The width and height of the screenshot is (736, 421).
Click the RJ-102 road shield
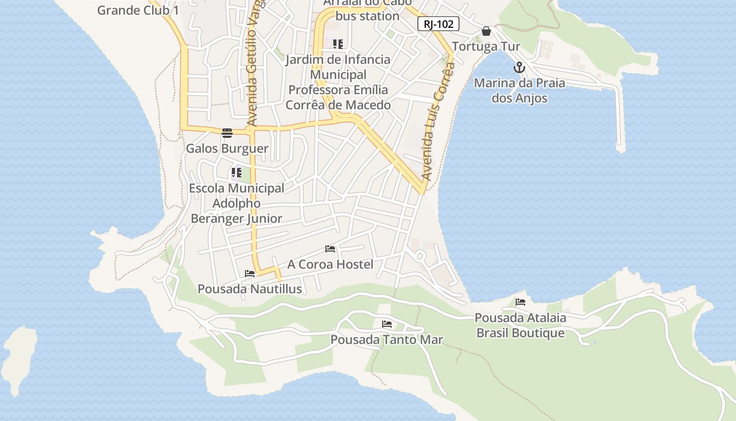pos(438,24)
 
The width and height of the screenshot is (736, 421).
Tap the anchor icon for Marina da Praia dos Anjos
pos(519,67)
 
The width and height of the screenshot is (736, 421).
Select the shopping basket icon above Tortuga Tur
pos(486,32)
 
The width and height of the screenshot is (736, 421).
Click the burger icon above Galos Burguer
pos(227,133)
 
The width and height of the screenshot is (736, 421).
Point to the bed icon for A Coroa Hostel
pos(330,248)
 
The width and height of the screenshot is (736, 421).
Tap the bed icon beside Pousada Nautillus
pos(250,273)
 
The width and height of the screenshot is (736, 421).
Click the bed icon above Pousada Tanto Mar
pos(387,324)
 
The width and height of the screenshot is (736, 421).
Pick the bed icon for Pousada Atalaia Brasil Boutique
pos(520,302)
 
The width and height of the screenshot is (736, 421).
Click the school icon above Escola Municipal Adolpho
pos(237,172)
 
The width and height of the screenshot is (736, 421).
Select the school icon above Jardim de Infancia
pos(338,44)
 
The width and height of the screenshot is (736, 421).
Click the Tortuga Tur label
pos(486,46)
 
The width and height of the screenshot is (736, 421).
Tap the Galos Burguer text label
pos(227,148)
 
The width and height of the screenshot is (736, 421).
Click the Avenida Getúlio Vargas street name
pos(253,63)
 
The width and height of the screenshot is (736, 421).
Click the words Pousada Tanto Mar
pos(387,340)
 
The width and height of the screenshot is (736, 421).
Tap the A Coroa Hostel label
pos(330,264)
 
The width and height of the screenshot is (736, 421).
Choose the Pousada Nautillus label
pos(250,289)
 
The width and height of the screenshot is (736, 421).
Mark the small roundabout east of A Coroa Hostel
pos(420,256)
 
